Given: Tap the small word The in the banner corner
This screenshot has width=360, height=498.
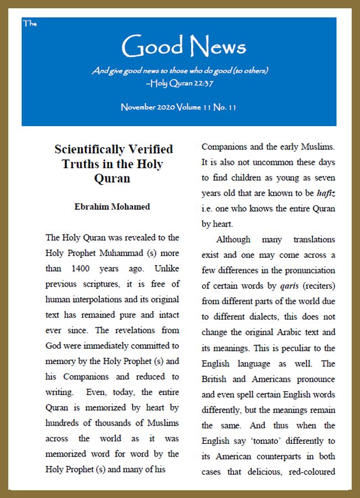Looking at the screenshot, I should coord(29,23).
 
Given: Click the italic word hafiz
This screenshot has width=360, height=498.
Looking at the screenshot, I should coord(325,193).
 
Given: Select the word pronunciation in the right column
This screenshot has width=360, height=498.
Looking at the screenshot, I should coord(307,271).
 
